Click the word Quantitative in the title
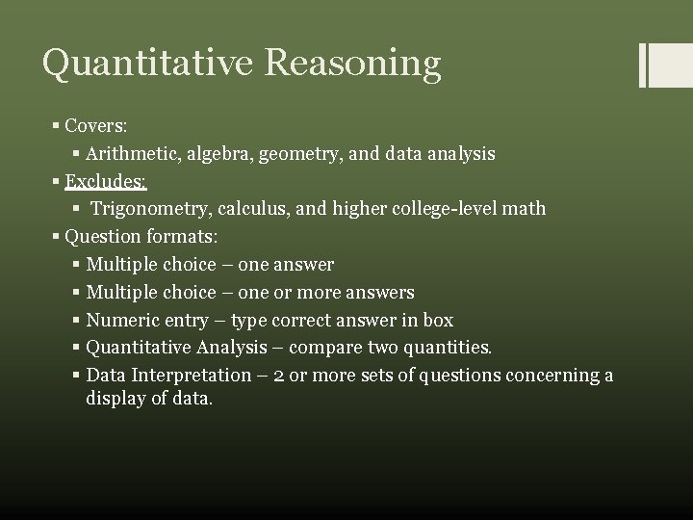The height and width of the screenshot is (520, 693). pos(142,64)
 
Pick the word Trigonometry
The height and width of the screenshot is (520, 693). pos(148,208)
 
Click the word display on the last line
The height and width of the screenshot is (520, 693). pos(115,397)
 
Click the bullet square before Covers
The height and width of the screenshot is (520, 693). pos(56,127)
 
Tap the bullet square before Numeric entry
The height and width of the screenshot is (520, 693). pos(77,320)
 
